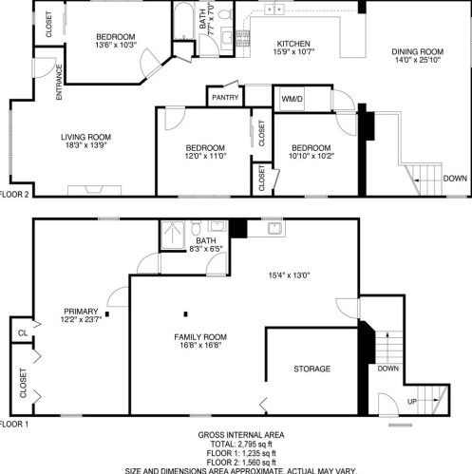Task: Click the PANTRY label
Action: (225, 97)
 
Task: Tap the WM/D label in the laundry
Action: (292, 99)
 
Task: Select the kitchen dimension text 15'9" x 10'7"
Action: (293, 51)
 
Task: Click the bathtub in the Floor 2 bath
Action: (183, 21)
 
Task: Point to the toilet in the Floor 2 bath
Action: (225, 13)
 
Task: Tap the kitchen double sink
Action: (274, 9)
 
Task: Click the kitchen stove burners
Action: (242, 38)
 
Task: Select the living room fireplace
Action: (94, 190)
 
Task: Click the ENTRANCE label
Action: (59, 83)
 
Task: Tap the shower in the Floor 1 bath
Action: (173, 235)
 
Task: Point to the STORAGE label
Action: (312, 369)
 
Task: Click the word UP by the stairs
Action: (412, 402)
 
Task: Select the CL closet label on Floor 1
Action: (23, 333)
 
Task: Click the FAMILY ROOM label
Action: (200, 337)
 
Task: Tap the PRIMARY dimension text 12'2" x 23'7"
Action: (81, 319)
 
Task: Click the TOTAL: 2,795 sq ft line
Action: (241, 445)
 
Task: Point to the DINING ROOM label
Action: (418, 51)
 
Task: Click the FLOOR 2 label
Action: (14, 195)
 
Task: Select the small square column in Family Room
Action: (186, 314)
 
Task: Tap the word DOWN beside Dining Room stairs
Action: (455, 179)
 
